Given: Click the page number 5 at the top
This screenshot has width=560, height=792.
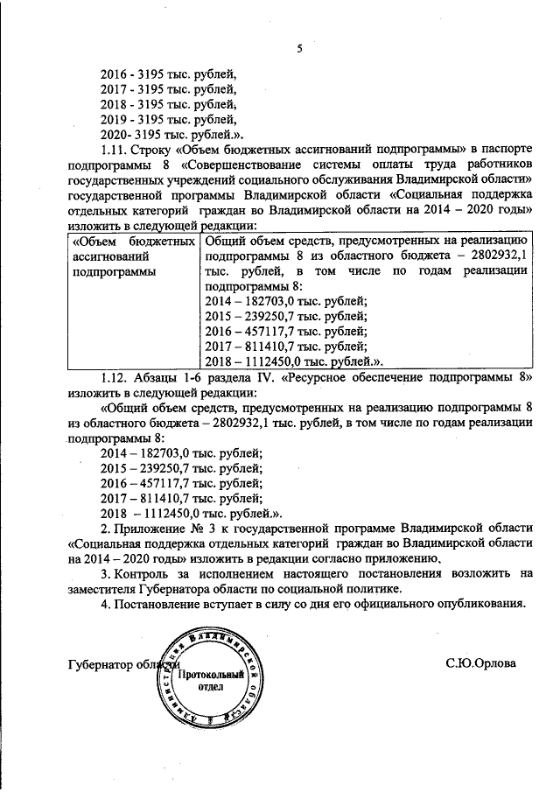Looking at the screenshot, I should [298, 48].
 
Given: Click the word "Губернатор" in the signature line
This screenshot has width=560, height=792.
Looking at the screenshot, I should [101, 664].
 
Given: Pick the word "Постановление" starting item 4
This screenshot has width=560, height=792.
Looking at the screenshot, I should [154, 605].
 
